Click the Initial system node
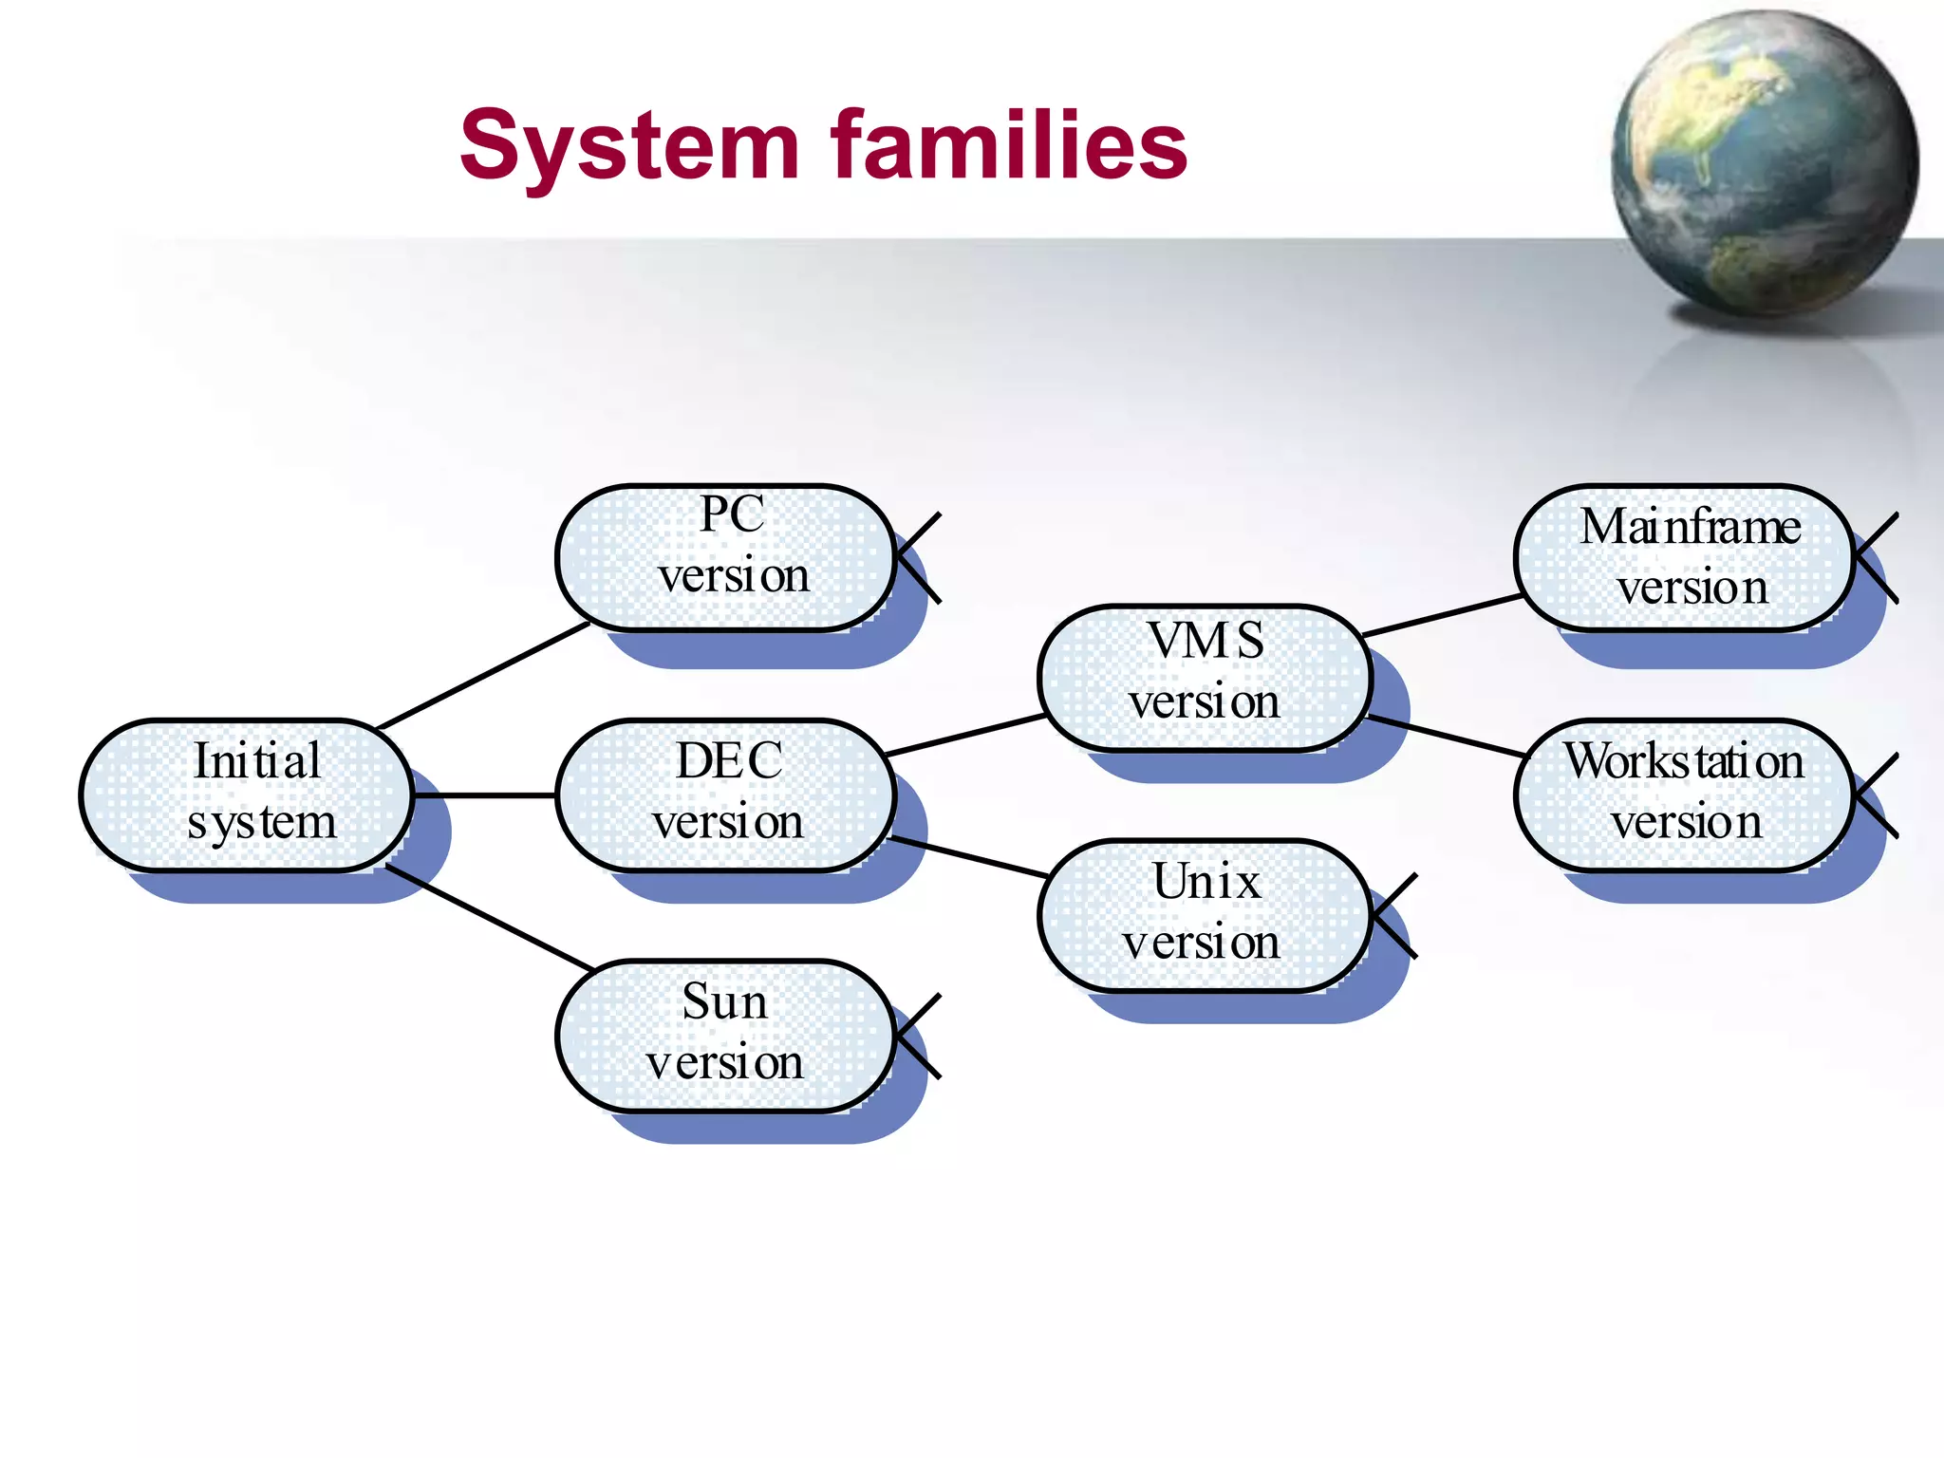click(x=247, y=794)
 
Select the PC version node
click(x=726, y=557)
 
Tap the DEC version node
click(x=726, y=794)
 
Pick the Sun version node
click(x=726, y=1035)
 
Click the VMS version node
click(x=1206, y=677)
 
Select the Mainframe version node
click(x=1685, y=557)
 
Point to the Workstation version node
click(x=1685, y=794)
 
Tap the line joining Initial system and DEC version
click(x=484, y=794)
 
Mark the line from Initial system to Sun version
click(x=489, y=917)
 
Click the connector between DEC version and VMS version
click(x=963, y=736)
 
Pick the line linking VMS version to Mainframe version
click(x=1443, y=615)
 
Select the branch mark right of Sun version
click(x=917, y=1036)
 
